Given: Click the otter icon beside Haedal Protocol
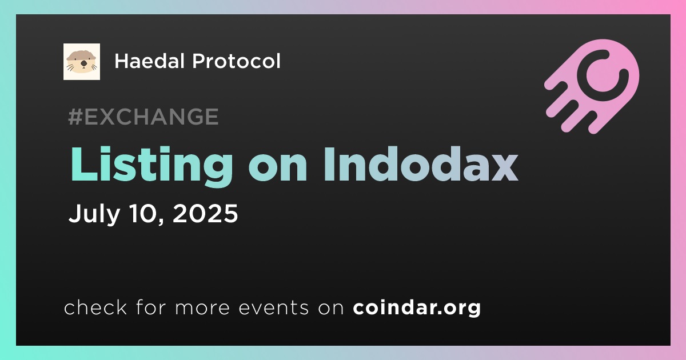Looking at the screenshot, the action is pos(82,62).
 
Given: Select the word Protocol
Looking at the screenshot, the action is pos(237,61).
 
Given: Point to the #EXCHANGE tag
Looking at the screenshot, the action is pos(143,117).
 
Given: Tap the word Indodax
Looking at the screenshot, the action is pos(421,164).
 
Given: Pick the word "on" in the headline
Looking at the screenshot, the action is pos(278,169).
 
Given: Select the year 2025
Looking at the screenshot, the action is pos(205,213).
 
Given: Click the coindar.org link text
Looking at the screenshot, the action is pos(417,307).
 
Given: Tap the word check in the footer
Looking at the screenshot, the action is pos(95,307).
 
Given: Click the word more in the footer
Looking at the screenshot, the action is pos(202,309).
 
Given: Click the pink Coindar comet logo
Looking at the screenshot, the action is pos(592,86).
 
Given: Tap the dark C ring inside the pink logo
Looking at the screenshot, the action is pos(603,75).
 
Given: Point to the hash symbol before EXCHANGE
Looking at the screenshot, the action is pos(75,117).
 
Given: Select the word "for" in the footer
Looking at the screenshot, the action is pos(151,307).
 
